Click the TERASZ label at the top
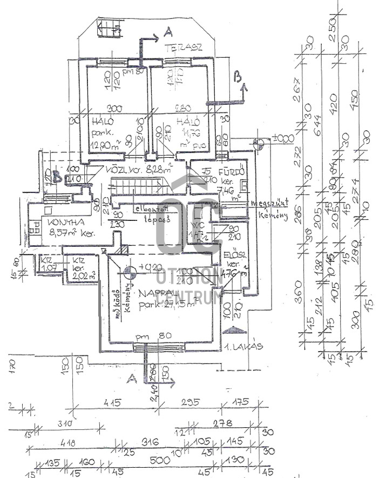(x=183, y=48)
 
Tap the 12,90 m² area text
(x=106, y=144)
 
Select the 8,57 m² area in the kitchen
(x=70, y=234)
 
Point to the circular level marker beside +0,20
(x=130, y=271)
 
